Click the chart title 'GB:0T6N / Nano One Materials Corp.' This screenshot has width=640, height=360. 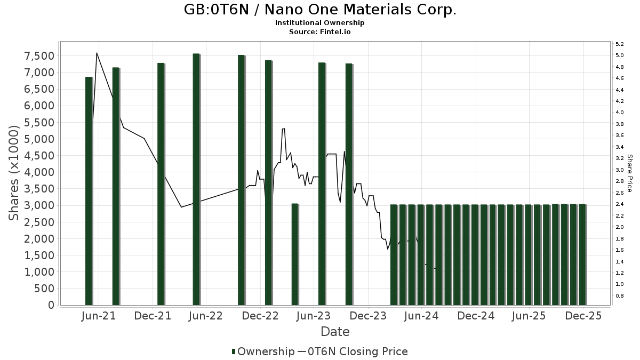point(320,10)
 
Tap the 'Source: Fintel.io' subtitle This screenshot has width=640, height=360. point(320,31)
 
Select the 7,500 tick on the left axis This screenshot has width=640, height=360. point(39,56)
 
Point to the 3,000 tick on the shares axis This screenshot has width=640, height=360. point(39,205)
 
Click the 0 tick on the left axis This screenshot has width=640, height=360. point(51,305)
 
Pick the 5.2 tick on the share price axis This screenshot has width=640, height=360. point(620,44)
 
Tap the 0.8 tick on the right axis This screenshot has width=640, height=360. point(620,295)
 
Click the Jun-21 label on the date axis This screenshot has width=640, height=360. point(99,316)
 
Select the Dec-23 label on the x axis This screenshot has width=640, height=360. point(368,316)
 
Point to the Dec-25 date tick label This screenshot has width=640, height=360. point(584,316)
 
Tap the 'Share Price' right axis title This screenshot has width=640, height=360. point(629,173)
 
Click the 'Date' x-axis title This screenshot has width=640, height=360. point(335,332)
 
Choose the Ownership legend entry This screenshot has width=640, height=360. point(263,351)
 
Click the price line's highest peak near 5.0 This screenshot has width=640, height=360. point(97,53)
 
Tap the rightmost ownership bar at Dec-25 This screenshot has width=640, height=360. point(582,254)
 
